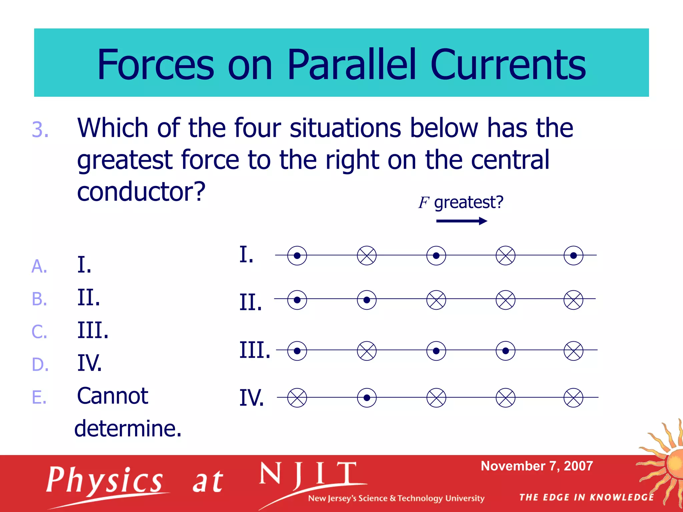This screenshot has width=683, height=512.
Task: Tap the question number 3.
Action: [x=40, y=129]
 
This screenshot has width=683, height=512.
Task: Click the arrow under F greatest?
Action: [x=462, y=221]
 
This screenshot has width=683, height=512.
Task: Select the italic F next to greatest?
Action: [x=423, y=202]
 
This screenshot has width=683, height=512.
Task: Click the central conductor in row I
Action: [x=436, y=256]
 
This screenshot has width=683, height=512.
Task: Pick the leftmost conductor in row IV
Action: [x=297, y=398]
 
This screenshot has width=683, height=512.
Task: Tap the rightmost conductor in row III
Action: [x=573, y=351]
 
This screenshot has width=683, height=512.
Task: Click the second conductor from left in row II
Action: [x=367, y=300]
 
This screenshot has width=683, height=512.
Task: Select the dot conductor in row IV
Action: [x=367, y=398]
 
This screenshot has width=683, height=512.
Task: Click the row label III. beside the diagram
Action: [x=254, y=350]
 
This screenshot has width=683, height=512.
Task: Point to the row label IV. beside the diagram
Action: [x=251, y=398]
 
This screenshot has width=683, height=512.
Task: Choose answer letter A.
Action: [x=39, y=266]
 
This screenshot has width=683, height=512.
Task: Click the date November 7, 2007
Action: [x=537, y=466]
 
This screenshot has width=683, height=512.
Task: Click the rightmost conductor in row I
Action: [x=573, y=256]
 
